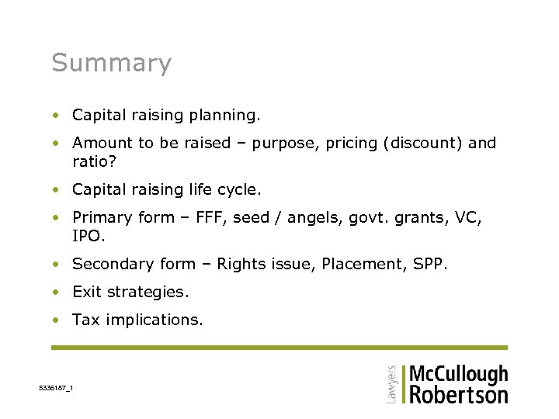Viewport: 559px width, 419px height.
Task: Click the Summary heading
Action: click(x=111, y=63)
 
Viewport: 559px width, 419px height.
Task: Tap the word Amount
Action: click(x=102, y=143)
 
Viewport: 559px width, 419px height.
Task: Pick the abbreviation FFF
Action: click(x=231, y=217)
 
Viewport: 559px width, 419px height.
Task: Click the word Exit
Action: click(x=87, y=292)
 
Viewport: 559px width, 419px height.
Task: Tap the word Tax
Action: click(x=86, y=320)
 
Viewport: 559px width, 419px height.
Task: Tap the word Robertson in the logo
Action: click(x=458, y=394)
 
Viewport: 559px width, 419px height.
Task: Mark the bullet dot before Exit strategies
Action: click(x=56, y=293)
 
